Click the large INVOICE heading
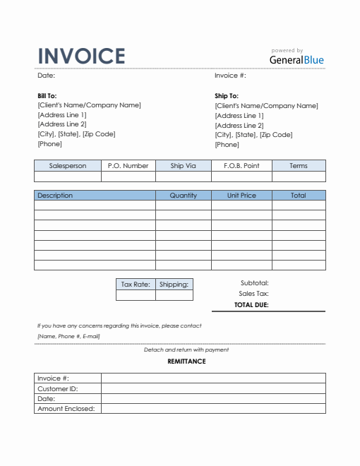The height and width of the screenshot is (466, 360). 81,56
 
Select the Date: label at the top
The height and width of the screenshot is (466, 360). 46,75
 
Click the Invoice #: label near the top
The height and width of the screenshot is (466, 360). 230,75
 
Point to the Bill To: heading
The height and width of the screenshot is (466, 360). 47,95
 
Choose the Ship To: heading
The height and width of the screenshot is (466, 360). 227,95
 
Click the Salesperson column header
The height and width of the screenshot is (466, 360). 68,166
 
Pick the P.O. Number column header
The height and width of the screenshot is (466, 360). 128,166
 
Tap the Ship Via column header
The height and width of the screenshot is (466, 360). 183,166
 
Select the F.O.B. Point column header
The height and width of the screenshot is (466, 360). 241,166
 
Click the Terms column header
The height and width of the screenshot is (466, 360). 299,166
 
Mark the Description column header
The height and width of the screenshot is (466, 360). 55,196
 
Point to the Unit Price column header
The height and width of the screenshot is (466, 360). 241,196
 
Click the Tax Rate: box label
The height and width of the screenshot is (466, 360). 136,285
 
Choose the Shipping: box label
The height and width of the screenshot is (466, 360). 174,285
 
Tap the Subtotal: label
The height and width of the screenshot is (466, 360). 254,282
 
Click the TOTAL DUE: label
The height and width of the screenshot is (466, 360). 251,306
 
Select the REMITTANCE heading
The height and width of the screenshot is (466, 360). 186,362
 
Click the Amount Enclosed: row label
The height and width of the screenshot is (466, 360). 66,409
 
